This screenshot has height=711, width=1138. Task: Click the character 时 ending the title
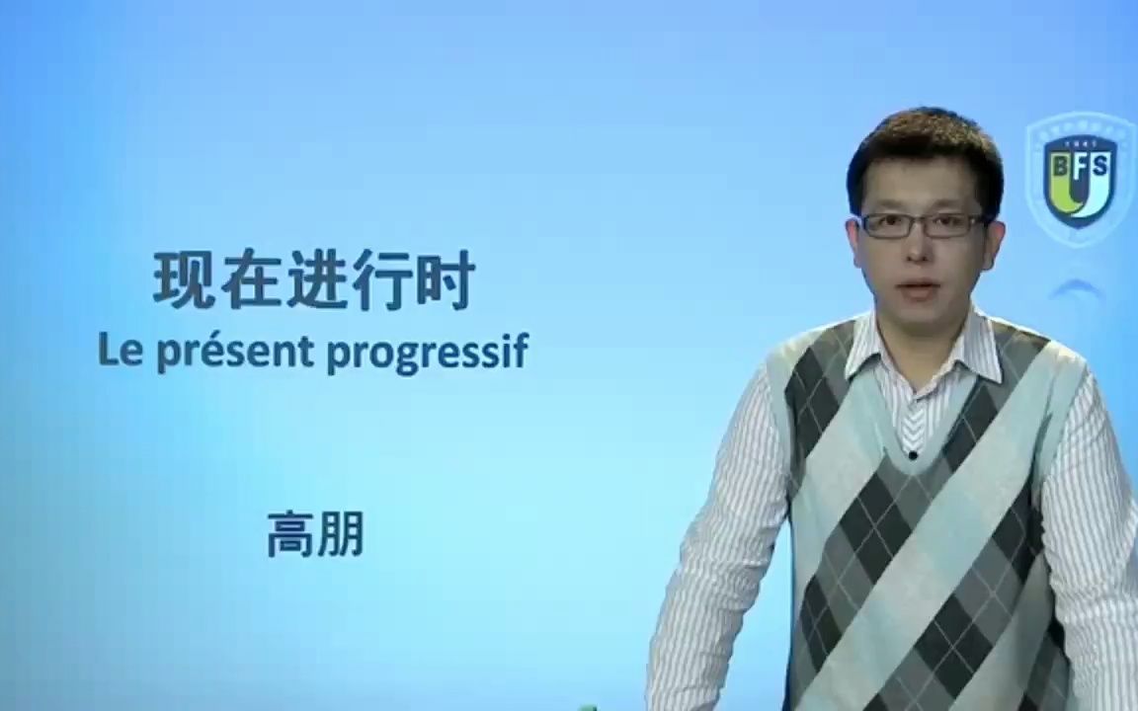pos(445,281)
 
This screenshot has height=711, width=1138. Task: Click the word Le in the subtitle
pos(118,352)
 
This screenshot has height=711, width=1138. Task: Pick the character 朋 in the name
pos(341,535)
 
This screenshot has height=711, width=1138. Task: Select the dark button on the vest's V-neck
pos(911,454)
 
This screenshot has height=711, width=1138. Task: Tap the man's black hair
pos(924,148)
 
